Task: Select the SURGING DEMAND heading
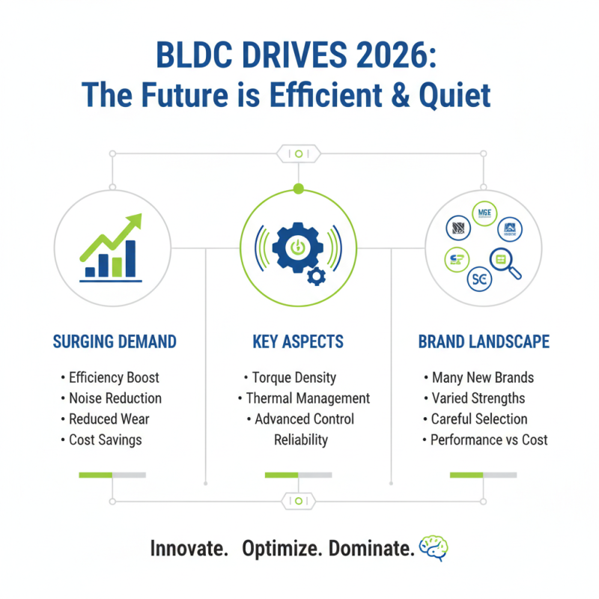(115, 342)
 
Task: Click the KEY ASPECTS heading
(298, 342)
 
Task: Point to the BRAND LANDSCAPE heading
(484, 342)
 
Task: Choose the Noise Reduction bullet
(115, 398)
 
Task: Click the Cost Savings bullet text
(105, 440)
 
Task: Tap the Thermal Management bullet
(308, 398)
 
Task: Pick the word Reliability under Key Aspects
(300, 440)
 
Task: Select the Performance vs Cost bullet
(488, 440)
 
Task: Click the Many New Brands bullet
(482, 378)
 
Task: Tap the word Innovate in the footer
(189, 548)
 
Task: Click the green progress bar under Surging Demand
(95, 475)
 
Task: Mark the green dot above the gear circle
(299, 189)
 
